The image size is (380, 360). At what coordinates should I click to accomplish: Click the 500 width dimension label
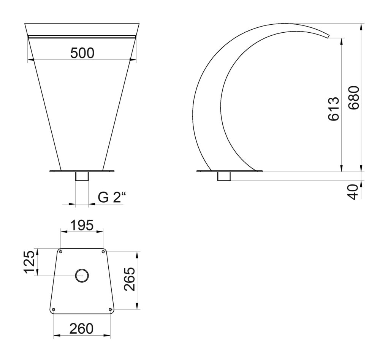pyautogui.click(x=82, y=53)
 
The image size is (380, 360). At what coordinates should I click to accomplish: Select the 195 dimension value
pyautogui.click(x=82, y=225)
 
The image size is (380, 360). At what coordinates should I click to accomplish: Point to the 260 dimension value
pyautogui.click(x=81, y=329)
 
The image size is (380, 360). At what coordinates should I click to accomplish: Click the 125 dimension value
pyautogui.click(x=30, y=262)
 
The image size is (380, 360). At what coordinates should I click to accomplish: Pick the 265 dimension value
pyautogui.click(x=129, y=279)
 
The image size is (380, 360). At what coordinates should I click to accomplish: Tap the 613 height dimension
pyautogui.click(x=334, y=109)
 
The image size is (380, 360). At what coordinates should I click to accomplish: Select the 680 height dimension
pyautogui.click(x=353, y=97)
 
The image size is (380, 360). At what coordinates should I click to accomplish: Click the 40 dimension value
pyautogui.click(x=353, y=192)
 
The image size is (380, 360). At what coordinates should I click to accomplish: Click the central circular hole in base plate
pyautogui.click(x=82, y=276)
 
